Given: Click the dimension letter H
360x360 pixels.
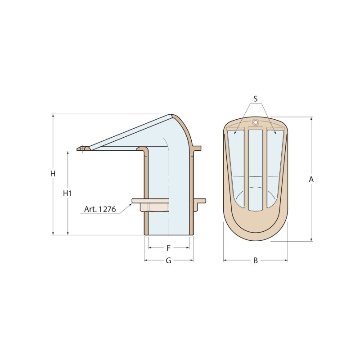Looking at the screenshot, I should [53, 173].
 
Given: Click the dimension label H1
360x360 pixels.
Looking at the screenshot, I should [67, 193].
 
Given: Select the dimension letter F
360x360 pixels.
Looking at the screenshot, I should [169, 248].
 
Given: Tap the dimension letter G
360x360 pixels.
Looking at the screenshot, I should [169, 261].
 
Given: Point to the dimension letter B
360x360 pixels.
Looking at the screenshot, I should [255, 261].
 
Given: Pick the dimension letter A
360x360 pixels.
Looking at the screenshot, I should [311, 180].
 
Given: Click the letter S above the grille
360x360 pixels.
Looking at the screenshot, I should [255, 99].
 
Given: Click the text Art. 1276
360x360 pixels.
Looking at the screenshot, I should [100, 209].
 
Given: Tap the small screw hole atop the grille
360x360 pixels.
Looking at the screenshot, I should [256, 122].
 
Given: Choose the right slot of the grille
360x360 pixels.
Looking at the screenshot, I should [275, 166].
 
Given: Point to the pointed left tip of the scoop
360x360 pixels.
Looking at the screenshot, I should [79, 148].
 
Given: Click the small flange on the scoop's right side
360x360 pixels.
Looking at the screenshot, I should [197, 148].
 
